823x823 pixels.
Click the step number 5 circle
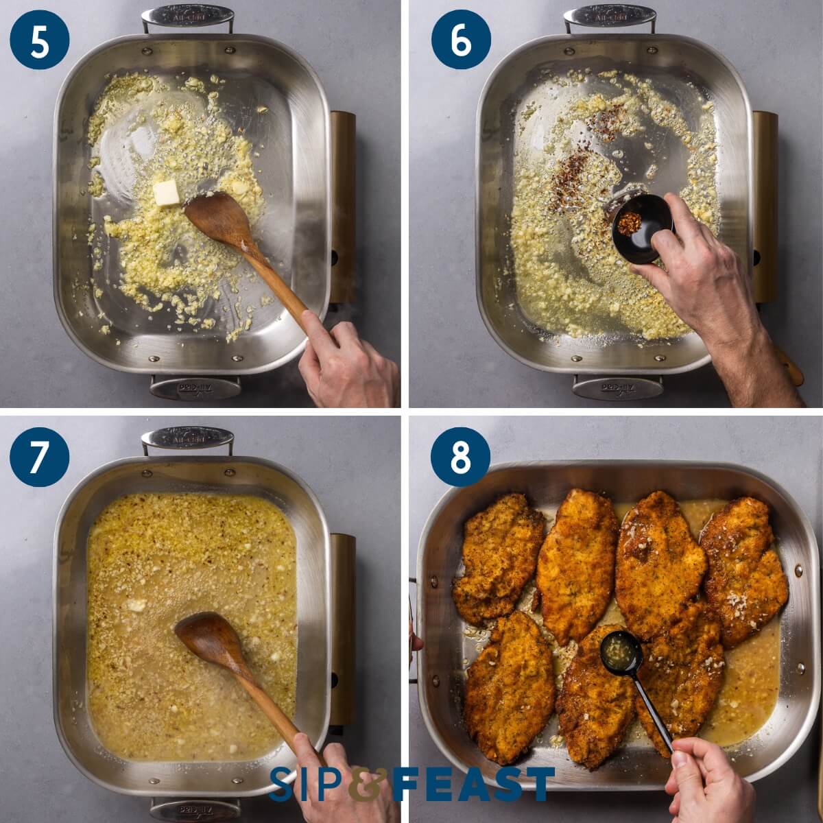40,39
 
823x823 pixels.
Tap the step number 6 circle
461,39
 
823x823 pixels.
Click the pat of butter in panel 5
165,193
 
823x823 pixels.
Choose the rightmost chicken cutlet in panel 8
744,569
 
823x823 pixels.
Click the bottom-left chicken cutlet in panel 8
509,686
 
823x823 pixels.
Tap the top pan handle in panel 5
187,16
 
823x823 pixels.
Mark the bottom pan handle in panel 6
617,388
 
